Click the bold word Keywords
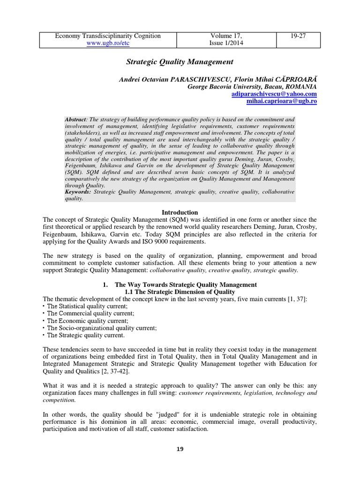click(x=78, y=192)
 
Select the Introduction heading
click(x=180, y=212)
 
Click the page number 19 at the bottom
click(x=180, y=449)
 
